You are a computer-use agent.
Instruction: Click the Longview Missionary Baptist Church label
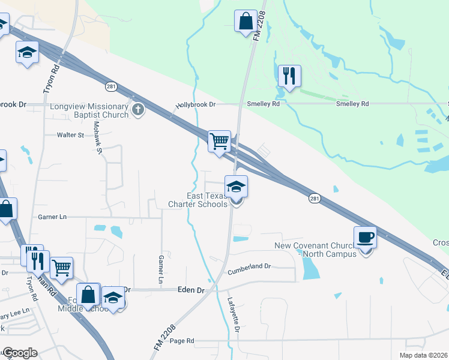[x=82, y=110]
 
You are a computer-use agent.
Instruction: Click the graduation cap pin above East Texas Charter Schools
[x=237, y=187]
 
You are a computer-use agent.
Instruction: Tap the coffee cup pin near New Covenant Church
[x=366, y=238]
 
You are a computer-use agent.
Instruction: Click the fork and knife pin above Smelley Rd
[x=289, y=76]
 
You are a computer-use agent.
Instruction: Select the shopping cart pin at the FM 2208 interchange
[x=220, y=142]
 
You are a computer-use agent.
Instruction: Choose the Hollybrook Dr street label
[x=195, y=104]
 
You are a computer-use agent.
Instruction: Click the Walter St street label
[x=70, y=136]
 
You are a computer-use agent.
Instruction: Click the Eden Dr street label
[x=191, y=290]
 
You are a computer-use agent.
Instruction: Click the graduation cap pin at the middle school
[x=113, y=298]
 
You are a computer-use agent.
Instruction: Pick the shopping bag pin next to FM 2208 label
[x=246, y=22]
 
